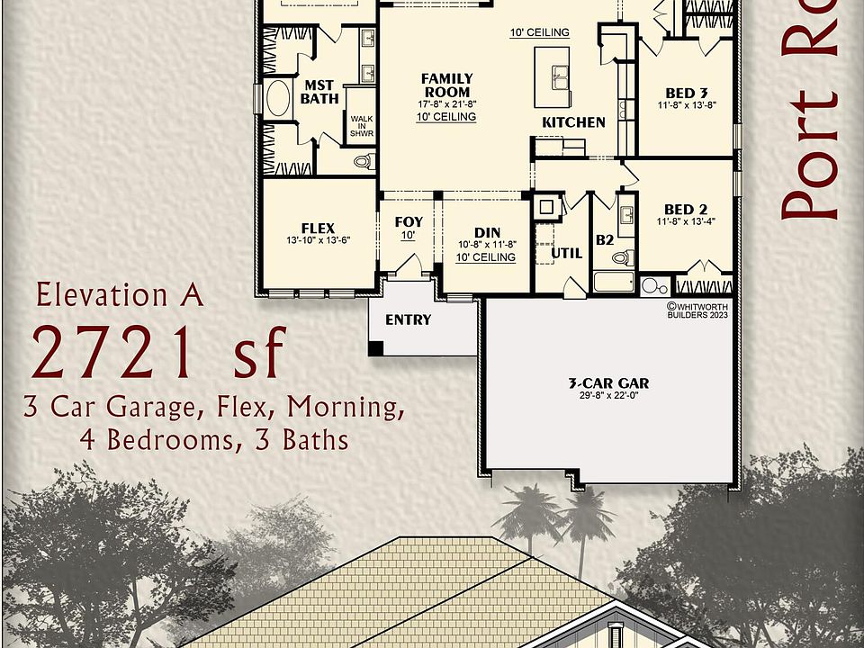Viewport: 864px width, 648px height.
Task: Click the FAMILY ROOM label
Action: (446, 85)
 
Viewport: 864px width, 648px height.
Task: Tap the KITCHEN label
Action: (573, 122)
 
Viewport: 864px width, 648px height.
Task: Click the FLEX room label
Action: (318, 228)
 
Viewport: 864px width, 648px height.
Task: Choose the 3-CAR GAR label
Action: (608, 382)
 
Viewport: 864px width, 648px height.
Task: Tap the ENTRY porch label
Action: (408, 319)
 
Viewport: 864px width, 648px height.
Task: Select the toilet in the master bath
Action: (363, 162)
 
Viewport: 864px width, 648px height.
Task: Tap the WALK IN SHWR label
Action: (362, 125)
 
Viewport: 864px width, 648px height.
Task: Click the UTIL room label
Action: (566, 253)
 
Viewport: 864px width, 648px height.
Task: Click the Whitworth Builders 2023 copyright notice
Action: (698, 310)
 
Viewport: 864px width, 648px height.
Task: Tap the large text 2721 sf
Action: (159, 352)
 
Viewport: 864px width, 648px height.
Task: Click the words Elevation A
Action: (120, 294)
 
